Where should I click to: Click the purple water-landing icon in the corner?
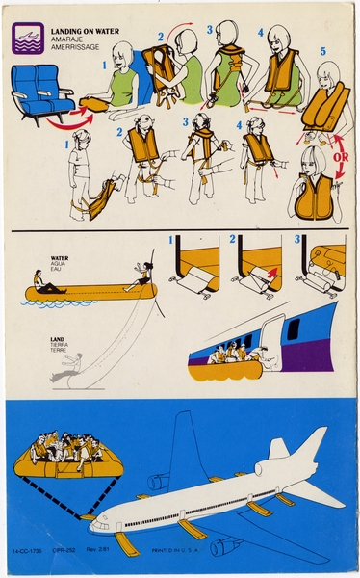point(26,36)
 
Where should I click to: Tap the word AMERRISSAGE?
point(68,43)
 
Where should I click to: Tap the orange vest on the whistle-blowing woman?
point(313,197)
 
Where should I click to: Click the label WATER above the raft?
point(59,258)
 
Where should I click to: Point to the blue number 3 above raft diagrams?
point(298,239)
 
